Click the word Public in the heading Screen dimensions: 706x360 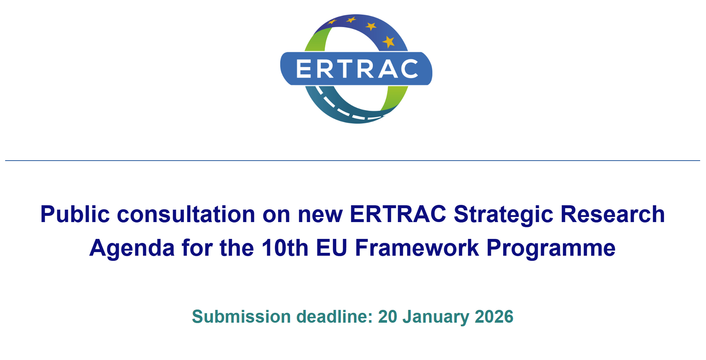tap(75, 215)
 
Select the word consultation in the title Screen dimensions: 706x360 tap(186, 214)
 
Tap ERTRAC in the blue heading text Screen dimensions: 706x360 tap(398, 214)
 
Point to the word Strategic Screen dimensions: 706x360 tap(503, 215)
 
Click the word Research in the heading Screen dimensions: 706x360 tap(613, 214)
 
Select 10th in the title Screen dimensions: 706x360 tap(285, 248)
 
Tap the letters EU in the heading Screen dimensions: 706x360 tap(331, 248)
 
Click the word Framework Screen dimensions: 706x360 tap(417, 248)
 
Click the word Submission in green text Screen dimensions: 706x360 tap(241, 317)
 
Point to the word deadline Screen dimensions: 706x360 tap(334, 317)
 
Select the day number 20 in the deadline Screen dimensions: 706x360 tap(388, 317)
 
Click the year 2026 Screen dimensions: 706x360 tap(494, 317)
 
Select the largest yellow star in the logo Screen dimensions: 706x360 tap(388, 42)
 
